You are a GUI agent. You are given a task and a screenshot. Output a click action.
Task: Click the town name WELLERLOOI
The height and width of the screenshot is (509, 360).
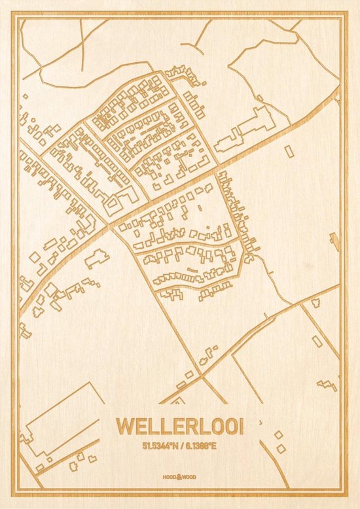[179, 426]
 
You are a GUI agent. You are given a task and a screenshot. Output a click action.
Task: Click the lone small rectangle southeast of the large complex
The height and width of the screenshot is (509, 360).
[289, 151]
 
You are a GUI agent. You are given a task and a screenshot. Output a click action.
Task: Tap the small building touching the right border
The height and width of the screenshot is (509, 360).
[336, 241]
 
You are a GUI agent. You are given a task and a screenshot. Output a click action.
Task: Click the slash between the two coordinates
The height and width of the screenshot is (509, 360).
[180, 446]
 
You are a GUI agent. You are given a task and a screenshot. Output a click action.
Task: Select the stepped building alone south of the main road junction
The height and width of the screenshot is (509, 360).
[97, 256]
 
